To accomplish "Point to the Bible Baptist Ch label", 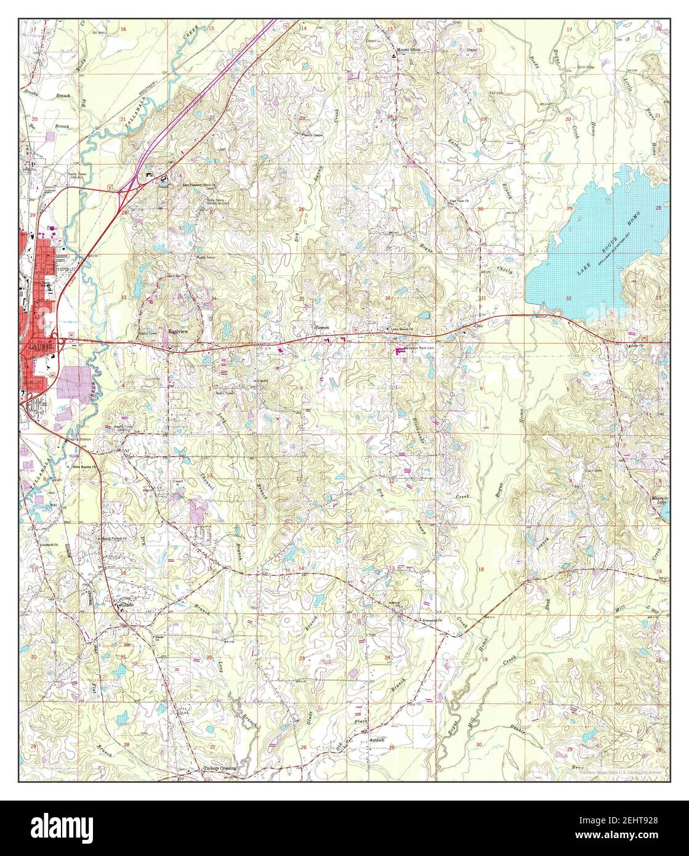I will click(86, 467).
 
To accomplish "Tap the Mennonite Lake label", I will click(658, 500).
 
